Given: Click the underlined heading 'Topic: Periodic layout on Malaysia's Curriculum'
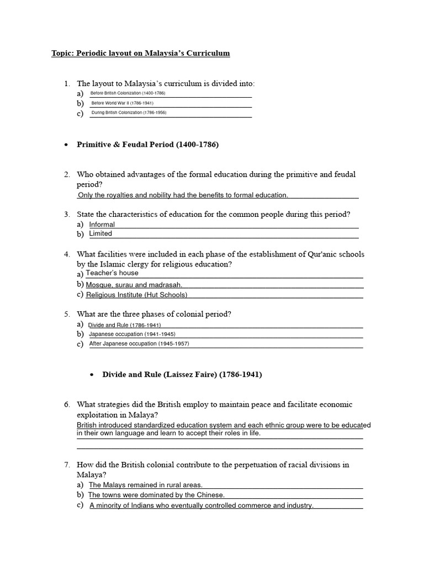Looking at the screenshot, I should tap(140, 54).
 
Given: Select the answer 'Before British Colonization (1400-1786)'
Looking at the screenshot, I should tap(128, 93).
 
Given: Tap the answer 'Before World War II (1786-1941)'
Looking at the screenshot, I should tap(122, 103).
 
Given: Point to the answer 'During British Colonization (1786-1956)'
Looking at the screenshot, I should tap(129, 113).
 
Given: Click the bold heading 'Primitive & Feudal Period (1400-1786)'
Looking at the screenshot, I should tap(147, 145).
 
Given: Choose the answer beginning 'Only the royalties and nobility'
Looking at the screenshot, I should tap(183, 195).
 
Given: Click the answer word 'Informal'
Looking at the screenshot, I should tap(102, 225).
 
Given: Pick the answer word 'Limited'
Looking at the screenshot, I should tap(100, 233).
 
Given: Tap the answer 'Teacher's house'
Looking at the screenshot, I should tap(112, 273).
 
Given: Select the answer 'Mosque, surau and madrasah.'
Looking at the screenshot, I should tap(134, 285).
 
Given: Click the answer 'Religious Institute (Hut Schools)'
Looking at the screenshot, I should tap(136, 295).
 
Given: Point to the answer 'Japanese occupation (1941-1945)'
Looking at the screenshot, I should tap(132, 334).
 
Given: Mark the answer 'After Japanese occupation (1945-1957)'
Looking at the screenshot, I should tap(139, 344).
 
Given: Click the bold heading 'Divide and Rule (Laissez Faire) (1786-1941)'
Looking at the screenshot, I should tap(182, 375).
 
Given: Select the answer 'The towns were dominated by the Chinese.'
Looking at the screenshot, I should tap(157, 495).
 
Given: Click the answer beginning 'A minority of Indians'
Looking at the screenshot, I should tap(202, 505).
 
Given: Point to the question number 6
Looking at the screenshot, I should tap(66, 405).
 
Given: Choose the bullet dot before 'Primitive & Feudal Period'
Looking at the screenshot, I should tap(66, 145).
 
